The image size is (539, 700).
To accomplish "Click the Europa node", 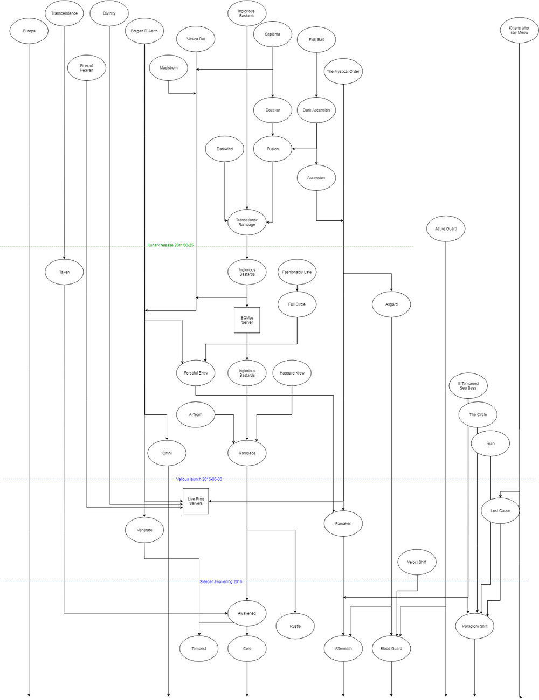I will pos(29,31).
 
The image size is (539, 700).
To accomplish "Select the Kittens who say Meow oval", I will pos(519,30).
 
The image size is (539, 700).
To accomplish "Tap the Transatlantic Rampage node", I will pos(247,222).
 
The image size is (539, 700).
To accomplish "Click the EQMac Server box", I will pos(247,320).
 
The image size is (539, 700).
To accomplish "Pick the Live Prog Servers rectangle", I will pos(196,501).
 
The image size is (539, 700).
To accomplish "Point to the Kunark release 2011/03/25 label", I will pos(170,245).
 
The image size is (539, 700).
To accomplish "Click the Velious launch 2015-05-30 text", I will pos(199,479).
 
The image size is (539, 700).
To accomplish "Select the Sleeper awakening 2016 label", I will pos(221,582).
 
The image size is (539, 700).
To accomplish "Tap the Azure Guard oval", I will pos(446,229).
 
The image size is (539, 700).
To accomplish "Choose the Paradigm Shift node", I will pos(474,626).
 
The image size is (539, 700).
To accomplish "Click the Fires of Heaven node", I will pos(86,68).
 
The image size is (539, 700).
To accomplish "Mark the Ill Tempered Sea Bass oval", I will pos(468,386).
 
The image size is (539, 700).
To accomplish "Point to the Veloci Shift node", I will pos(417,562).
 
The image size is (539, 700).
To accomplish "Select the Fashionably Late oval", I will pos(296,272).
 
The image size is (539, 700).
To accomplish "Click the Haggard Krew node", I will pos(292,373).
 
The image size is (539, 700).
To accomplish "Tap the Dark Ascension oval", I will pos(316,110).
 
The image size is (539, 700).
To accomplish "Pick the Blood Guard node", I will pos(391,648).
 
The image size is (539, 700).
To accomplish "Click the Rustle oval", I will pos(295,626).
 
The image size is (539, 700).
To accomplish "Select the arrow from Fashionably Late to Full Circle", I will pos(297,288).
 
